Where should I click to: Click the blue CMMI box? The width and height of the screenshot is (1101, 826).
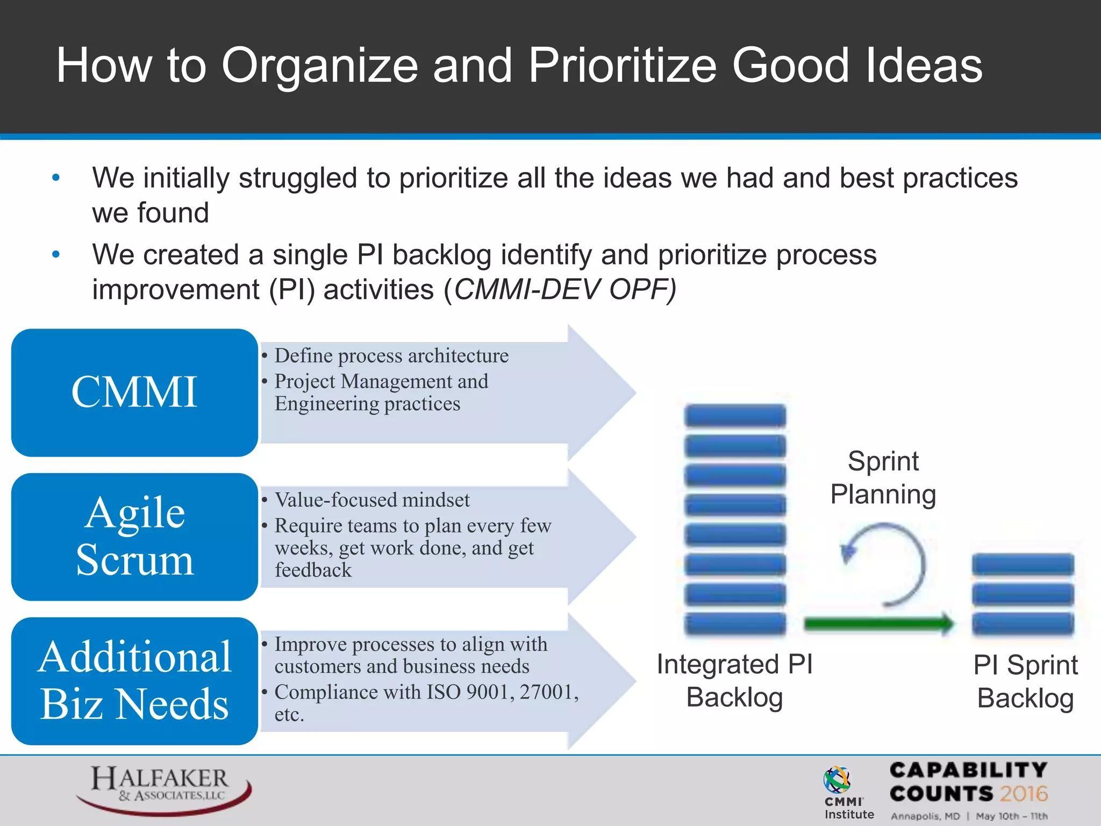point(134,393)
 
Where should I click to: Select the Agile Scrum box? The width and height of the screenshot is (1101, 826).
point(134,537)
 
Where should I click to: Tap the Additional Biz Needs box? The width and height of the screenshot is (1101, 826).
point(134,681)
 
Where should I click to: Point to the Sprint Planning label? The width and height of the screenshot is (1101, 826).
point(883,478)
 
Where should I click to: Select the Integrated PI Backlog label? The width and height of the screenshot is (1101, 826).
point(734,680)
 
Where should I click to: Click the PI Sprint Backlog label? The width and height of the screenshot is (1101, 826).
point(1025,681)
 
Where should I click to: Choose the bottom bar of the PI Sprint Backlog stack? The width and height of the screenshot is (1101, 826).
point(1023,624)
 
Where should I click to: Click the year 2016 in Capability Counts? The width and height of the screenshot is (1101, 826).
point(1024,794)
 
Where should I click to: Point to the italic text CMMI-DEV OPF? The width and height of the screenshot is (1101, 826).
point(564,290)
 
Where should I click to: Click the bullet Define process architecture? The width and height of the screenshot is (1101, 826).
point(391,356)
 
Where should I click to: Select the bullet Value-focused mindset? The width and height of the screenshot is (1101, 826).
point(372,500)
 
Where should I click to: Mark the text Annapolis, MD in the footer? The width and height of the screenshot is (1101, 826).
point(925,816)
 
